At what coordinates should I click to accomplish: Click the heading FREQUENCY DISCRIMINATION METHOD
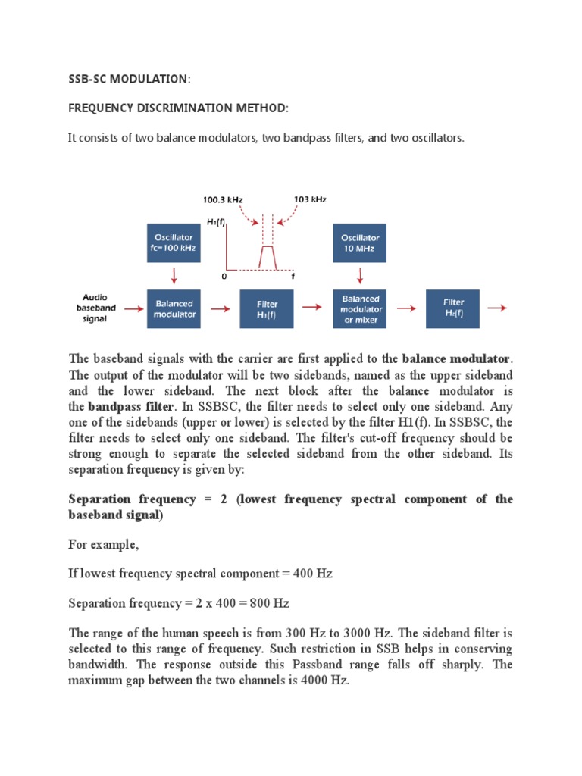click(x=179, y=109)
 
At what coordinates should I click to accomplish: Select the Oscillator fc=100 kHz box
click(x=174, y=242)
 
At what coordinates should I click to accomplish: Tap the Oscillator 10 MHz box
click(x=361, y=242)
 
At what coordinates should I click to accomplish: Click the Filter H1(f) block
click(x=268, y=308)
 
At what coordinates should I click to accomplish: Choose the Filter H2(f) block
click(x=453, y=308)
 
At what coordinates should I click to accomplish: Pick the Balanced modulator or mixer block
click(x=361, y=308)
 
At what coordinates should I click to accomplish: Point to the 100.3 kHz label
click(x=223, y=199)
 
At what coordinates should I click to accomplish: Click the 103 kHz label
click(x=309, y=199)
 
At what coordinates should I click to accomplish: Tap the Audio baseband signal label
click(x=95, y=308)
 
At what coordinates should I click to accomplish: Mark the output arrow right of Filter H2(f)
click(x=497, y=308)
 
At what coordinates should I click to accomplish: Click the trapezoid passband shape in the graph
click(x=268, y=257)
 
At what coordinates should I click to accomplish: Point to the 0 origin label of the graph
click(x=224, y=277)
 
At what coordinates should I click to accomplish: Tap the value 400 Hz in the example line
click(x=314, y=574)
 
